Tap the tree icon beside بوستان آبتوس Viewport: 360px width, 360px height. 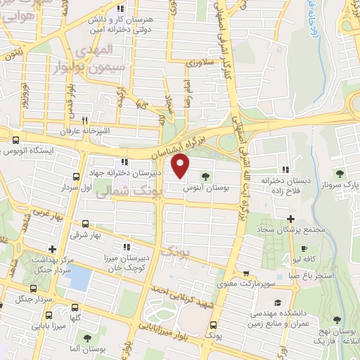pyautogui.click(x=205, y=177)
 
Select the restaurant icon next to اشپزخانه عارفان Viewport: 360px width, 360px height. pyautogui.click(x=85, y=120)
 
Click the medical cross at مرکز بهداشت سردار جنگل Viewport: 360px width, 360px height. pyautogui.click(x=52, y=247)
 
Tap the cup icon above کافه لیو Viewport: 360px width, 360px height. pyautogui.click(x=304, y=248)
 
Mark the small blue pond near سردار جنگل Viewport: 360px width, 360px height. pyautogui.click(x=80, y=278)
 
